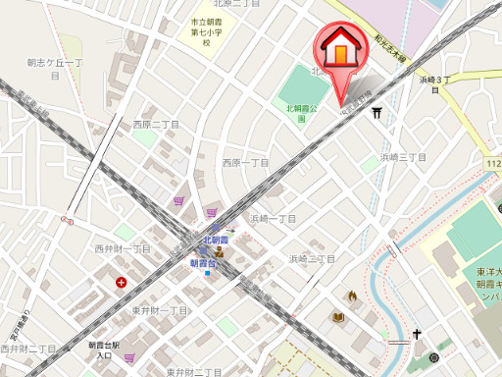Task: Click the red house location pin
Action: click(x=336, y=48)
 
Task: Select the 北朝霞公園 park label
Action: click(x=302, y=114)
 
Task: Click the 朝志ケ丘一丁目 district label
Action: click(x=58, y=63)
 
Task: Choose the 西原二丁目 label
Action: click(x=156, y=125)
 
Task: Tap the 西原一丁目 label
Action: click(x=245, y=162)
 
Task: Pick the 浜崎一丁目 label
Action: click(x=273, y=218)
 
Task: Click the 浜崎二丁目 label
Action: click(x=312, y=258)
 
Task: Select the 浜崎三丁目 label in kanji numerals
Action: click(x=404, y=156)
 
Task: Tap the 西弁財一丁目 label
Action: click(x=123, y=248)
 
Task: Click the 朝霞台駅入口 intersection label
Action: click(x=104, y=350)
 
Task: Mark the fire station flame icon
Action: click(x=351, y=295)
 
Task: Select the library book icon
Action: click(x=338, y=318)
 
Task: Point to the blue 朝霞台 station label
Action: click(x=205, y=263)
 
